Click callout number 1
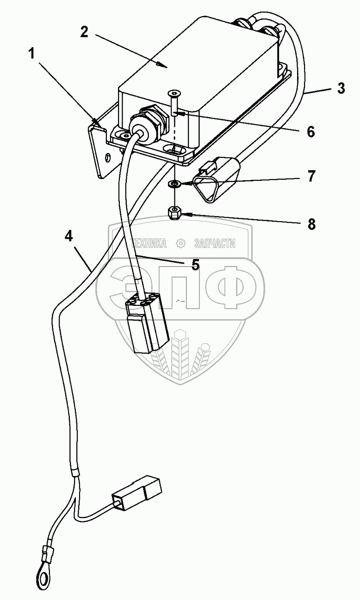(x=31, y=54)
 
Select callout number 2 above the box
(x=84, y=32)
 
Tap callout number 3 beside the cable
(x=341, y=88)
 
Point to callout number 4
(x=68, y=236)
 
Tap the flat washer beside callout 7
(x=174, y=184)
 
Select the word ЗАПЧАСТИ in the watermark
(x=215, y=243)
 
